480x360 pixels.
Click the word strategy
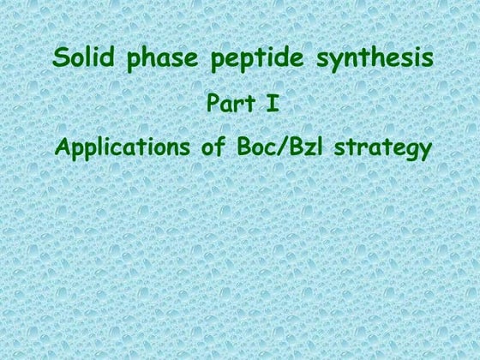pyautogui.click(x=381, y=148)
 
